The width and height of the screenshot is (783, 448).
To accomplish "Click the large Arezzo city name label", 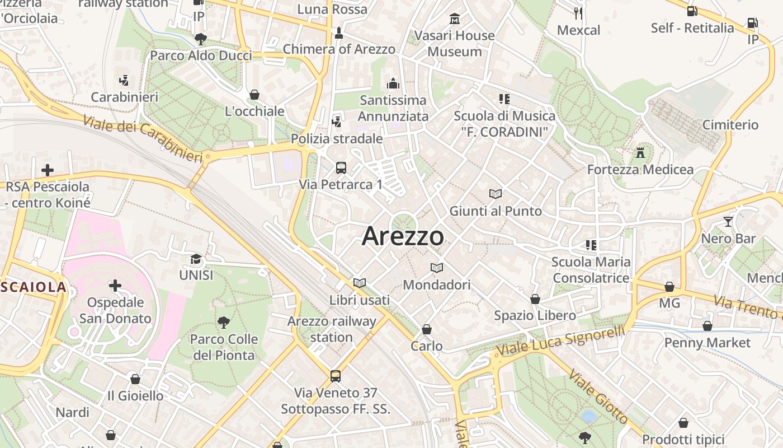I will coord(403,236).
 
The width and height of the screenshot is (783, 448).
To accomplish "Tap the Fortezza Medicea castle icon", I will coord(640,152).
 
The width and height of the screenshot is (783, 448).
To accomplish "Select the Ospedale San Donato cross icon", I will coord(115,286).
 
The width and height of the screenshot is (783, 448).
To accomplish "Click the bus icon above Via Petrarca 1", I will coord(341,167).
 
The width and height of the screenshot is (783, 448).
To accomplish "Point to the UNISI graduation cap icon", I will coord(196,259).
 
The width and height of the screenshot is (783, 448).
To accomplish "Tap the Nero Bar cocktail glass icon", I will coord(728,222).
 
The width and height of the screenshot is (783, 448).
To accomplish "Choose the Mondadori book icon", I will coord(437,268).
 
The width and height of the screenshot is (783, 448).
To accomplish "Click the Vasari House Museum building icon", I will coord(454,19).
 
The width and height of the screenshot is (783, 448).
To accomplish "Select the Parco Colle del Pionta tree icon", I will coord(223,323).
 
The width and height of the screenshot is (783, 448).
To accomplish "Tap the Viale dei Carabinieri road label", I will coord(142,139).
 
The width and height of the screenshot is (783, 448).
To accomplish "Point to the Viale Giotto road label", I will coord(598,397).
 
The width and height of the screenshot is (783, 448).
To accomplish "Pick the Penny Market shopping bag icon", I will coord(707,326).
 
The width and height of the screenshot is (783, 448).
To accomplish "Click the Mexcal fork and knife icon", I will coord(578,13).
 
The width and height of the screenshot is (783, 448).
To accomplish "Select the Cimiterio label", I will coord(730,125).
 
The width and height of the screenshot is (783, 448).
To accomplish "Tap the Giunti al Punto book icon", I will coord(496,194).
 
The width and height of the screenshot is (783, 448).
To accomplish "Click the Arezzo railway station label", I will coord(332,329).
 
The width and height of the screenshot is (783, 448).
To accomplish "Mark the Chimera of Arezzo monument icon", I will coord(338,34).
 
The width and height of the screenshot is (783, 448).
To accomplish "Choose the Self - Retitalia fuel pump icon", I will coord(692,11).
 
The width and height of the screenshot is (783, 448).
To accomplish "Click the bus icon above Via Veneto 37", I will coord(336,376).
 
